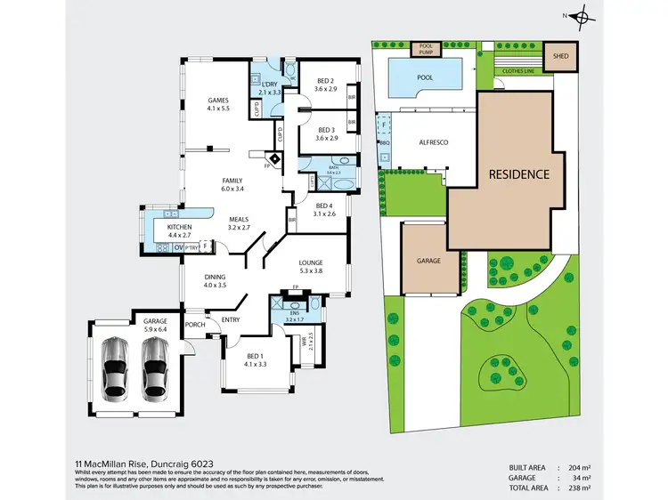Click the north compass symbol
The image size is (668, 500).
tap(582, 16)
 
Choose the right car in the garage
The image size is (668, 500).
tap(155, 366)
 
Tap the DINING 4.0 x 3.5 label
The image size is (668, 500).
tap(216, 281)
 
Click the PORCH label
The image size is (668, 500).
tap(195, 325)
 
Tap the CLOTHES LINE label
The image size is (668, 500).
tap(518, 69)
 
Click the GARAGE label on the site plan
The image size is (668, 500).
tap(429, 262)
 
